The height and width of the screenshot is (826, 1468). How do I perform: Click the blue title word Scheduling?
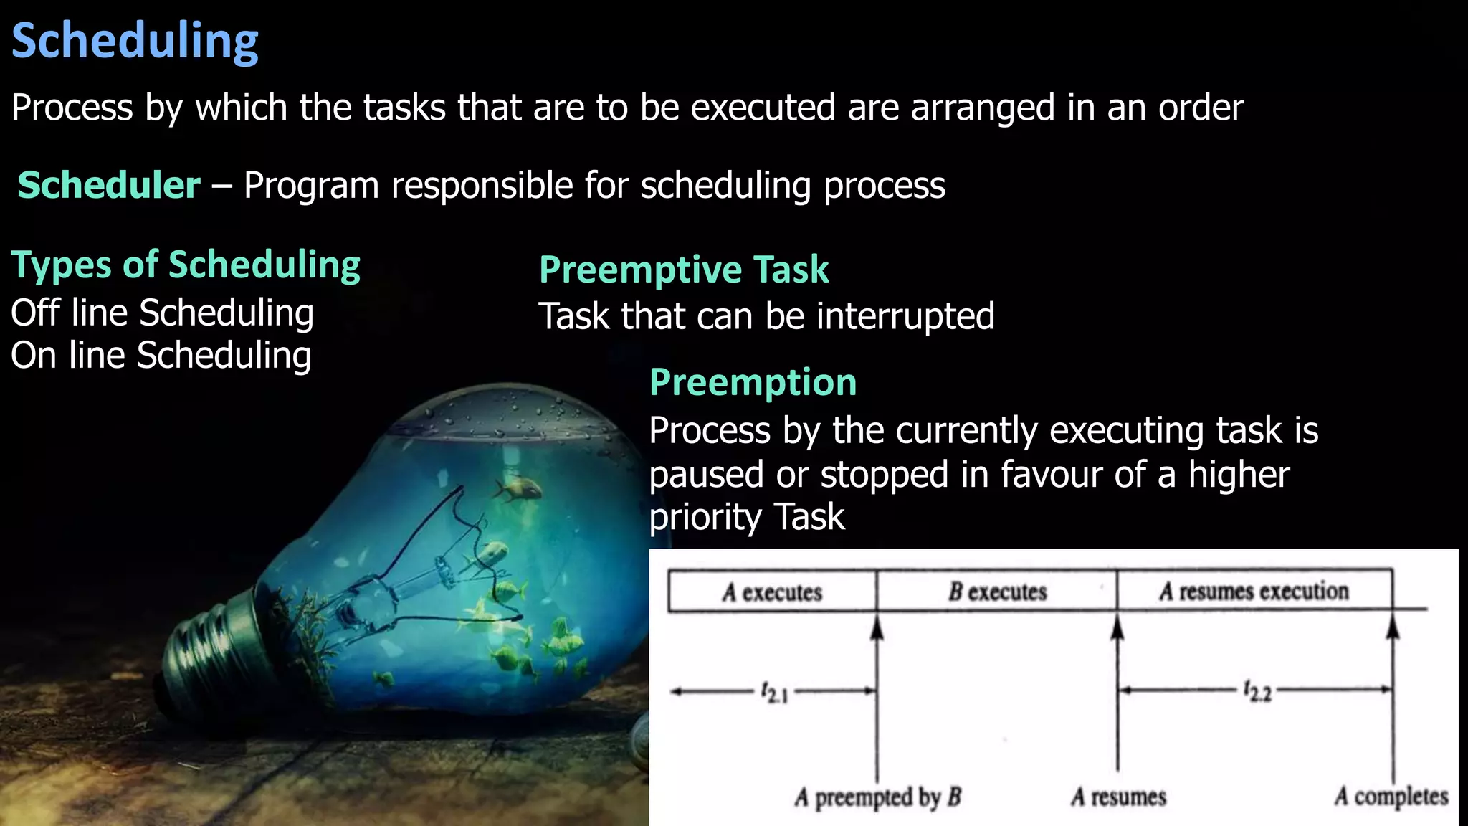click(x=135, y=42)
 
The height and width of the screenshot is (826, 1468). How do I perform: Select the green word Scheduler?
click(x=109, y=186)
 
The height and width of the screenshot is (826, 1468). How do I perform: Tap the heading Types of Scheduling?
click(x=186, y=265)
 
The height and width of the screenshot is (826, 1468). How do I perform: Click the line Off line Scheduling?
click(x=162, y=313)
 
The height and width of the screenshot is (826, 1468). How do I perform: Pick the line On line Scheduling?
click(x=161, y=356)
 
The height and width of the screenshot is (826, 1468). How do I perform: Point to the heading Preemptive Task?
click(x=683, y=270)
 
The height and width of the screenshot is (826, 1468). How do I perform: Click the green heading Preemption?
click(x=753, y=382)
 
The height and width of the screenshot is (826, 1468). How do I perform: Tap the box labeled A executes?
click(x=772, y=592)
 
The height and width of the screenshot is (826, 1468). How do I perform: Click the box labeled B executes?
click(x=997, y=592)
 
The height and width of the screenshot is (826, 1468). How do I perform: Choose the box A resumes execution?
click(x=1254, y=591)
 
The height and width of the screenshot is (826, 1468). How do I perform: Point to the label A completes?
click(x=1391, y=796)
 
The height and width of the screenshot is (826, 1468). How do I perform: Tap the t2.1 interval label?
click(x=774, y=693)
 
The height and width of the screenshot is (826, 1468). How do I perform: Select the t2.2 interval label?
click(x=1257, y=691)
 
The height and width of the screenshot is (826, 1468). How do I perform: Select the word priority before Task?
click(x=705, y=518)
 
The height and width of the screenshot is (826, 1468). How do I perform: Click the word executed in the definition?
click(x=763, y=108)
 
